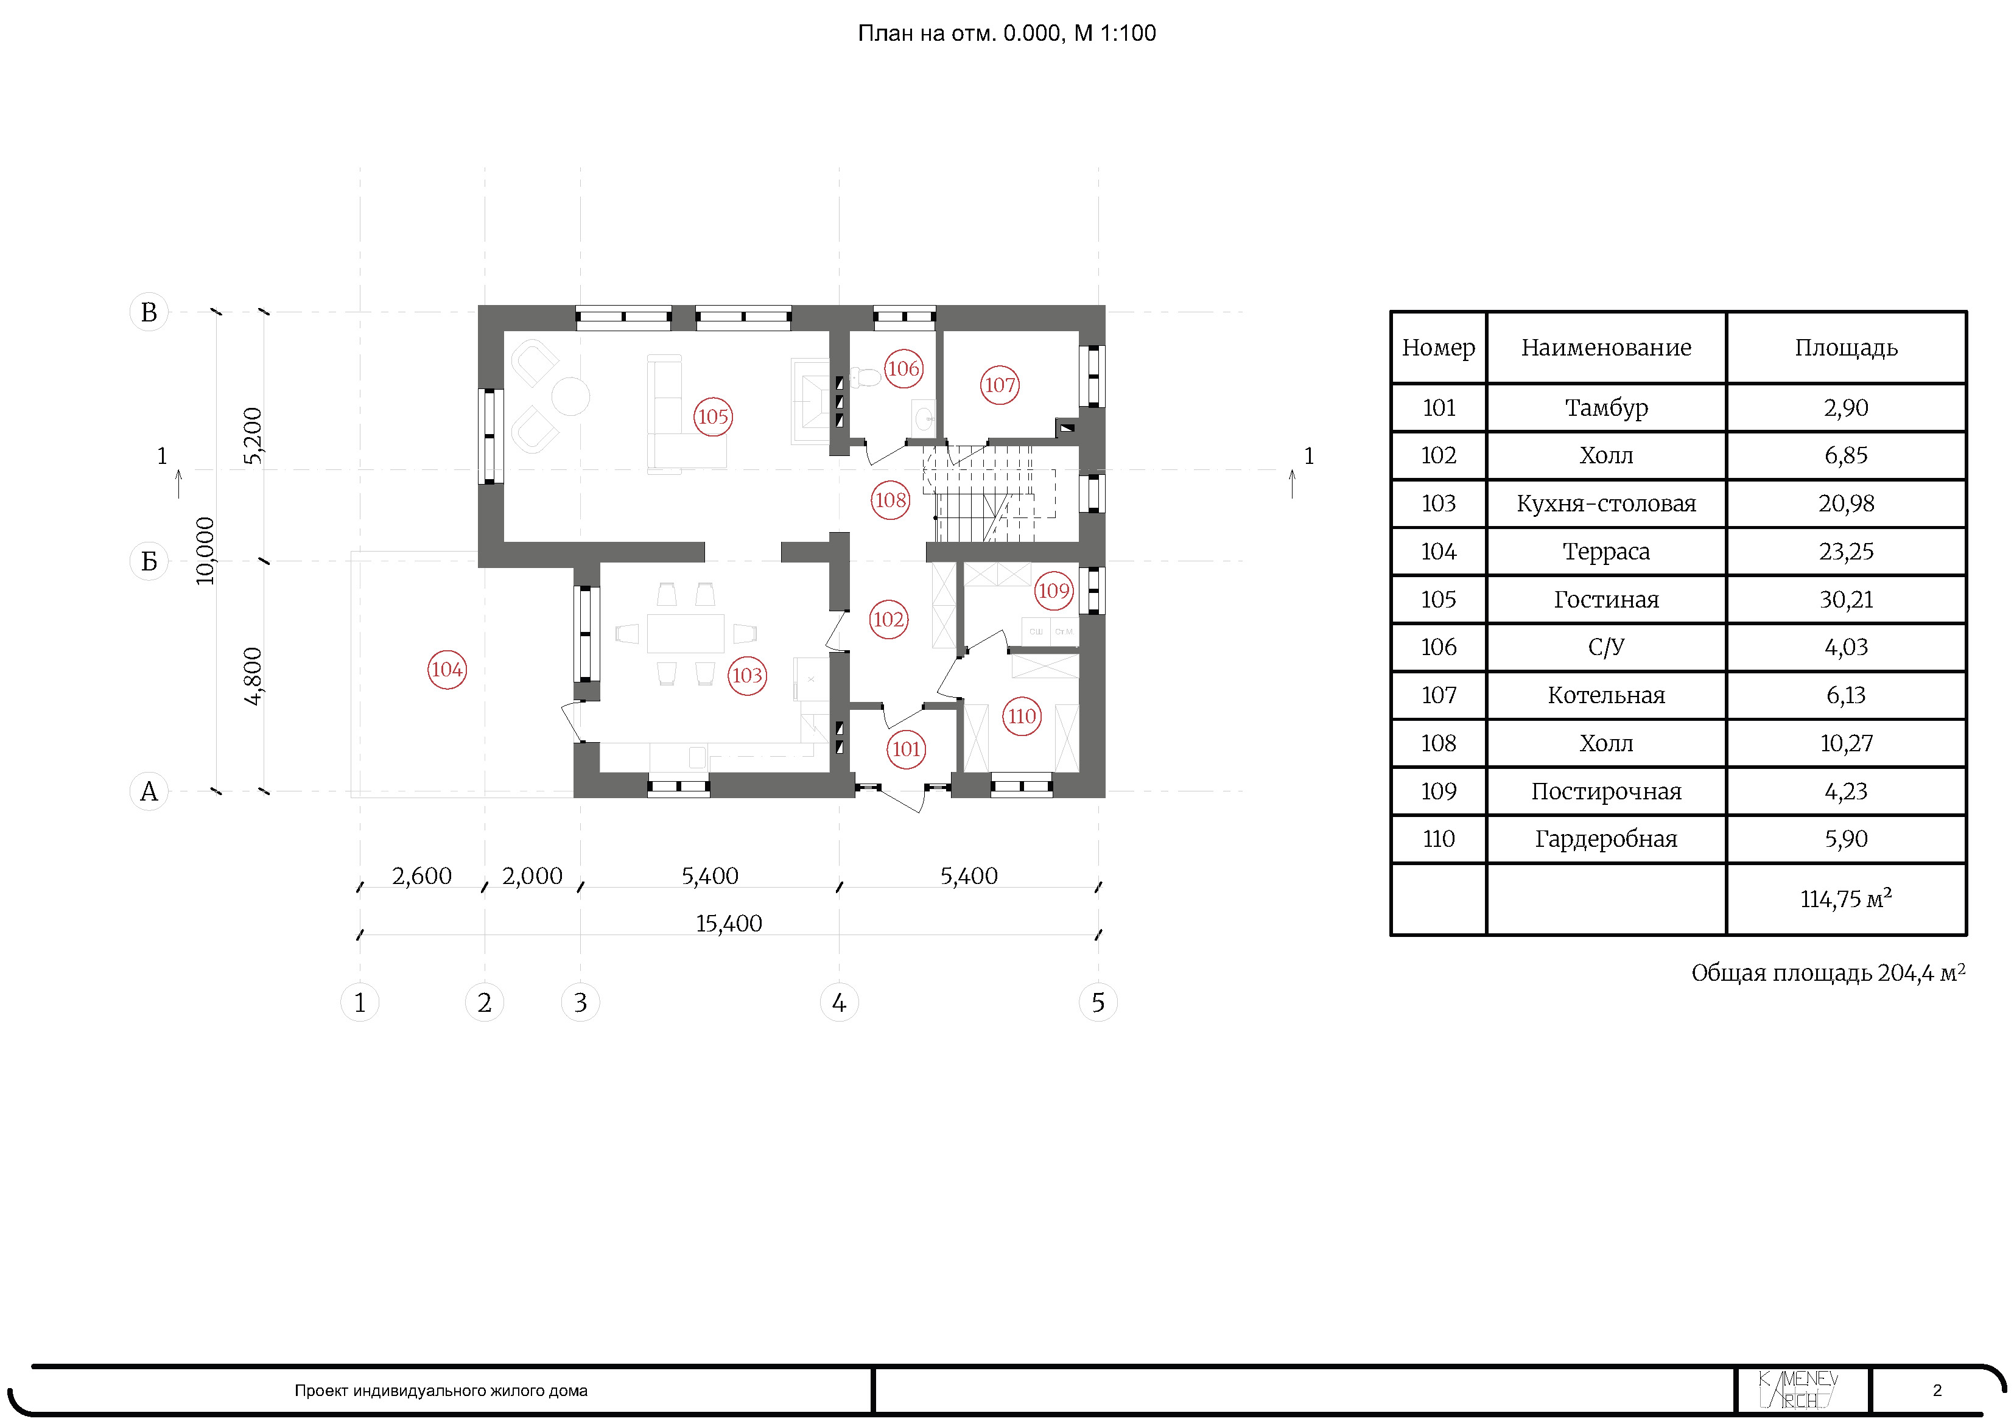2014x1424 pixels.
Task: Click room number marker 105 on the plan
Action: coord(712,417)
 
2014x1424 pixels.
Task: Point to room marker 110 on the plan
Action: coord(1022,716)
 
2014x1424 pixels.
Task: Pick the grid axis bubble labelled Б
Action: coord(149,561)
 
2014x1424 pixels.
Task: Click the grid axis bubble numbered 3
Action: coord(580,1002)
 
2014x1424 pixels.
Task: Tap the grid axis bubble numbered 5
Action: coord(1098,1002)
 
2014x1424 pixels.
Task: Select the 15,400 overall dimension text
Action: coord(729,923)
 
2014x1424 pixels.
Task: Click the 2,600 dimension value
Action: coord(422,875)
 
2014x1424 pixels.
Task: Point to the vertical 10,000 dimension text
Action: coord(205,551)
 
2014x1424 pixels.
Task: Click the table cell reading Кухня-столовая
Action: coord(1606,503)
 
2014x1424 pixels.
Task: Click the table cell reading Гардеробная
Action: coord(1606,840)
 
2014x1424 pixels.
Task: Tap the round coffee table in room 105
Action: coord(570,396)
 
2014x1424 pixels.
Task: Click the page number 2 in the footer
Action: coord(1937,1390)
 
